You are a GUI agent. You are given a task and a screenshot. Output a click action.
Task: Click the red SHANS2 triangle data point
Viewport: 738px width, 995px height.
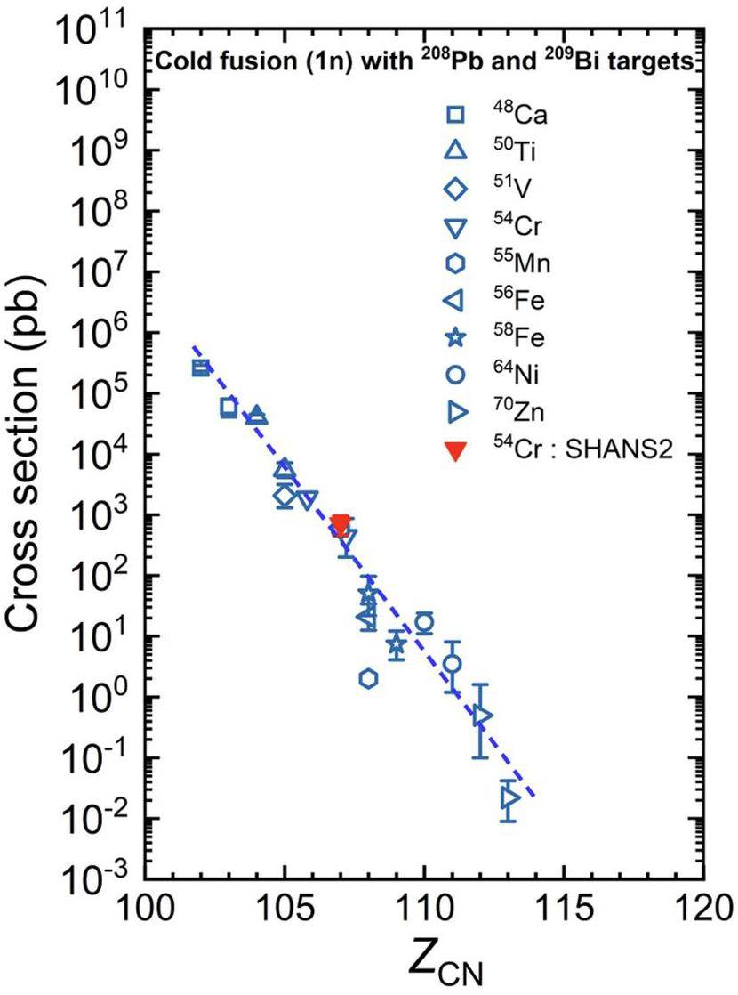[341, 525]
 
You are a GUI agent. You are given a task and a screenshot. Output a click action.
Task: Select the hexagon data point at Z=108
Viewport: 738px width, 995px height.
[368, 679]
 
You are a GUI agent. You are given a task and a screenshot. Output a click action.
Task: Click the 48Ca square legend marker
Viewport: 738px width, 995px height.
[454, 114]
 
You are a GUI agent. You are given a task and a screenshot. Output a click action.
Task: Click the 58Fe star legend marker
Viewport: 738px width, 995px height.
[454, 338]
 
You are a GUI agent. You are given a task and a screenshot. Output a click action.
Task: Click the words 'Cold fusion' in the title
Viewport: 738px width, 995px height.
[204, 62]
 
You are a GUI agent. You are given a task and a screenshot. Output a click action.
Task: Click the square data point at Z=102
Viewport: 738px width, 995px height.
[201, 368]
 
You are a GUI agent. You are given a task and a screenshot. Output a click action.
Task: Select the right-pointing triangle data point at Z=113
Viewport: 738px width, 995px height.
[509, 798]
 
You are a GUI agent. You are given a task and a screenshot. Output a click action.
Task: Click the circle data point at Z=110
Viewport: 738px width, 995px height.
[425, 623]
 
